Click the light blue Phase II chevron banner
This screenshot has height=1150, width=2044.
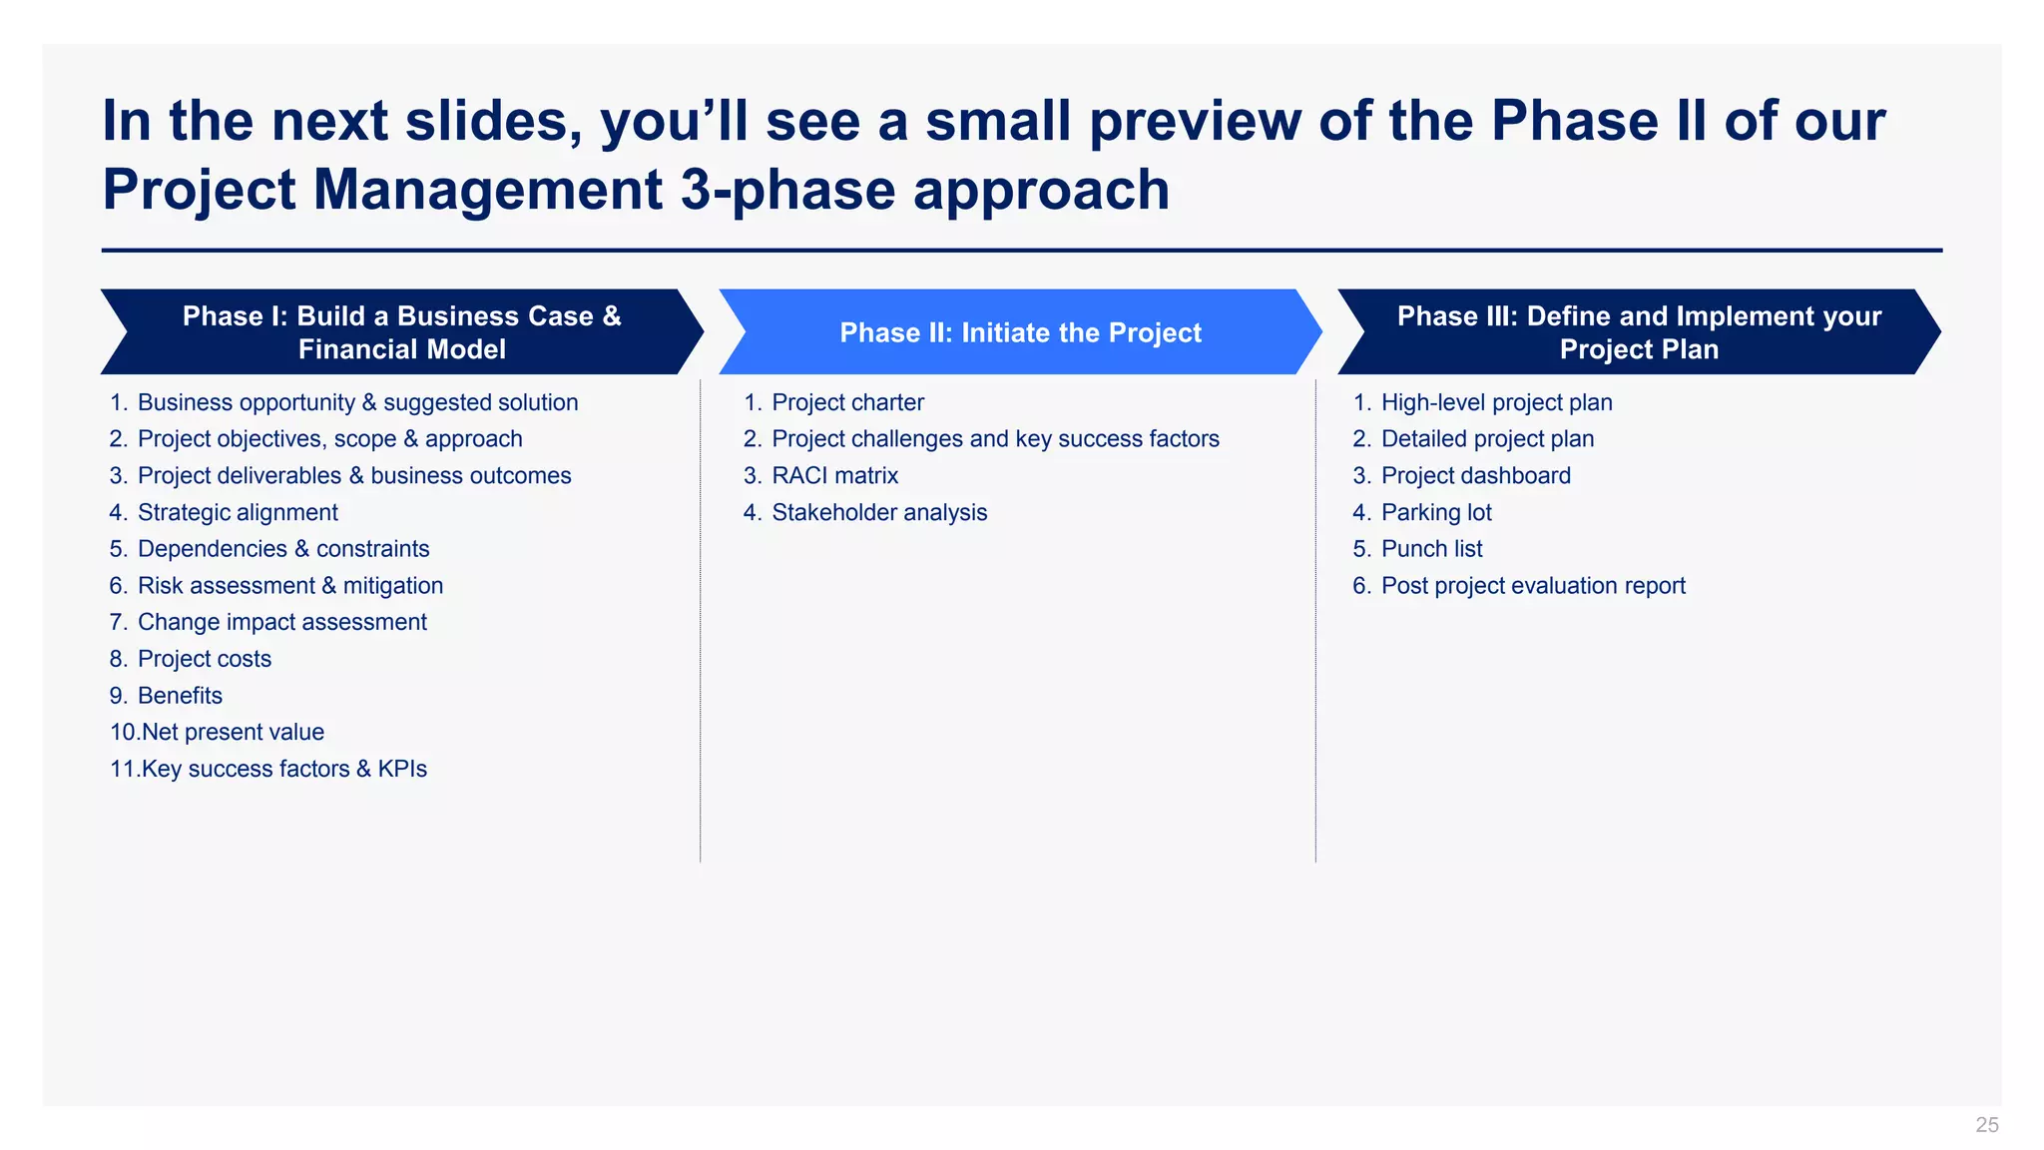[x=1020, y=332]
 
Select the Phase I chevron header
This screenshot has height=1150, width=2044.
[x=401, y=332]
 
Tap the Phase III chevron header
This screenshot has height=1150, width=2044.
[x=1639, y=332]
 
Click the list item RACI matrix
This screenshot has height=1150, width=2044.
[x=834, y=476]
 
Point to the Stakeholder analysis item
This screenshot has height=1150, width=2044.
[x=878, y=513]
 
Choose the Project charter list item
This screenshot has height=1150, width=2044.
[x=847, y=403]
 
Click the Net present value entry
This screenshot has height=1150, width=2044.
[x=232, y=733]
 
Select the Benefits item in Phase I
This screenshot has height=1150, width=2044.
[x=180, y=696]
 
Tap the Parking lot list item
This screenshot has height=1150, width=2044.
[x=1435, y=513]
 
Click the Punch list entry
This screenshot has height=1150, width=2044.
[x=1431, y=549]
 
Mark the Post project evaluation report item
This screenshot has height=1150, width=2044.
[x=1532, y=586]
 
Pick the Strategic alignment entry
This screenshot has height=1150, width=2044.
[x=238, y=513]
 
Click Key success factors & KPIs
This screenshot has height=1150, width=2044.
[x=283, y=770]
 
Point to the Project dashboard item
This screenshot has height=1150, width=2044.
[x=1475, y=476]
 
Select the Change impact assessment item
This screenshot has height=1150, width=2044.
[x=281, y=623]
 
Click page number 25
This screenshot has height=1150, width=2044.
[x=1986, y=1125]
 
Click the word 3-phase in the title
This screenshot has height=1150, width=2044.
[x=787, y=190]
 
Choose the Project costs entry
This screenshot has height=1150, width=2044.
[x=204, y=659]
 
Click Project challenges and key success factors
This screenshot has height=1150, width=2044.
[x=994, y=439]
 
